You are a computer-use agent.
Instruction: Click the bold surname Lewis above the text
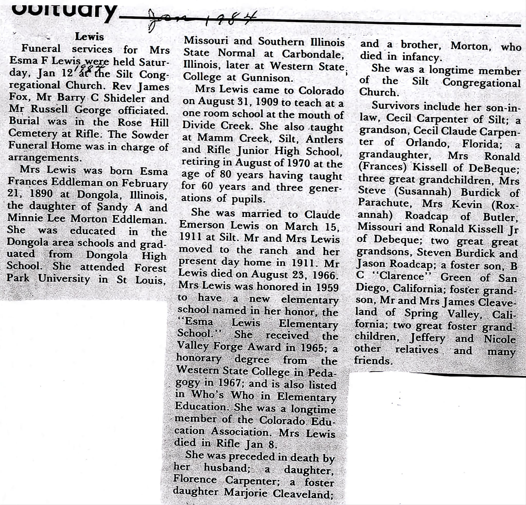click(x=89, y=37)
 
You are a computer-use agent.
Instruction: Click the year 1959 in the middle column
click(x=325, y=287)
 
